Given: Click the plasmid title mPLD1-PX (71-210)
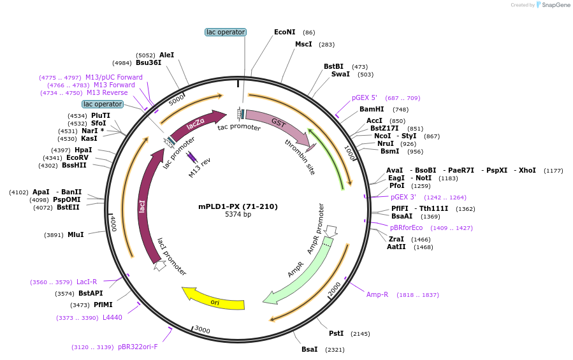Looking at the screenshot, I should click(x=238, y=206).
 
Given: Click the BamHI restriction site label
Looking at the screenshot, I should click(x=372, y=110).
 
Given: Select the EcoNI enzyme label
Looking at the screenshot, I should click(x=285, y=32).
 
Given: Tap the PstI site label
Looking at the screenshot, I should click(x=336, y=333).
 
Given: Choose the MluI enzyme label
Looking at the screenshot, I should click(x=75, y=234).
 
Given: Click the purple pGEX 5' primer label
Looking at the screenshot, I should click(x=365, y=98).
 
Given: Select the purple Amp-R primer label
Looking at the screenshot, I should click(x=377, y=294).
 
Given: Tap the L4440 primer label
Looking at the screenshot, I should click(x=112, y=317).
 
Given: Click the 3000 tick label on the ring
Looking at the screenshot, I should click(x=202, y=329).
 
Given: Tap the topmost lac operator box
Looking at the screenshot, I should click(x=226, y=32).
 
